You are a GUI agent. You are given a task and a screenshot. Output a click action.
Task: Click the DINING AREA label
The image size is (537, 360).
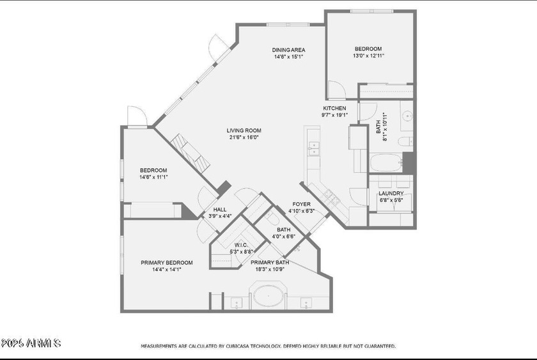288,50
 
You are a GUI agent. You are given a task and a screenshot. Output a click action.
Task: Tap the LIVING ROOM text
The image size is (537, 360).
244,130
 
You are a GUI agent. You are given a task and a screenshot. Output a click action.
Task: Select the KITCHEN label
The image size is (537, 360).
334,108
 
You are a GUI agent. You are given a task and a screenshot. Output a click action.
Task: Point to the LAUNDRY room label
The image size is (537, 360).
391,193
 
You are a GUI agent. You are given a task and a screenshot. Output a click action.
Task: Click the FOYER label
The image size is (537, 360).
301,204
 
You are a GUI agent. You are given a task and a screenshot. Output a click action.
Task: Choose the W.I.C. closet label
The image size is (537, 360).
241,244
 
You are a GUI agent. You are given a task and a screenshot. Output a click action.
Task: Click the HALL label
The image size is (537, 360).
220,209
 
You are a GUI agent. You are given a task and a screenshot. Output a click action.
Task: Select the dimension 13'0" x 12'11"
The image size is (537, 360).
368,56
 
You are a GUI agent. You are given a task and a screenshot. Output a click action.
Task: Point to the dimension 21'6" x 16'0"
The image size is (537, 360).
244,137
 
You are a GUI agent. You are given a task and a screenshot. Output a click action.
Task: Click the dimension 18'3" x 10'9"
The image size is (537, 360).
269,269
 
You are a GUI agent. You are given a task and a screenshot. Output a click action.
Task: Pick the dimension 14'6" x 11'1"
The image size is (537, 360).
153,177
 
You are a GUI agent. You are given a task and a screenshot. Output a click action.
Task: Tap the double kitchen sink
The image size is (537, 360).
313,148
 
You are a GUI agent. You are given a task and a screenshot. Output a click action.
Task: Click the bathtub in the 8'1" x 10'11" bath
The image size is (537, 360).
385,163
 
